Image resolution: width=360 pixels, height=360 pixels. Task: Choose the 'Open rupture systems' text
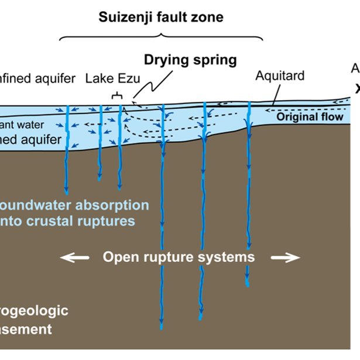pyautogui.click(x=179, y=257)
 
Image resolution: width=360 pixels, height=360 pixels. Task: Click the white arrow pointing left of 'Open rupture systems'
pyautogui.click(x=76, y=257)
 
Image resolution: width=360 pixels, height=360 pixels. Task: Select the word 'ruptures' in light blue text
pyautogui.click(x=111, y=221)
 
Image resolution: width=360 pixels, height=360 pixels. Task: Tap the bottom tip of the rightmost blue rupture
pyautogui.click(x=248, y=284)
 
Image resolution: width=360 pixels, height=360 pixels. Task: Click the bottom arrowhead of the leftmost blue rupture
pyautogui.click(x=66, y=191)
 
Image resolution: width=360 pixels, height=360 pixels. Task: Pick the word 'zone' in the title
pyautogui.click(x=206, y=17)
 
